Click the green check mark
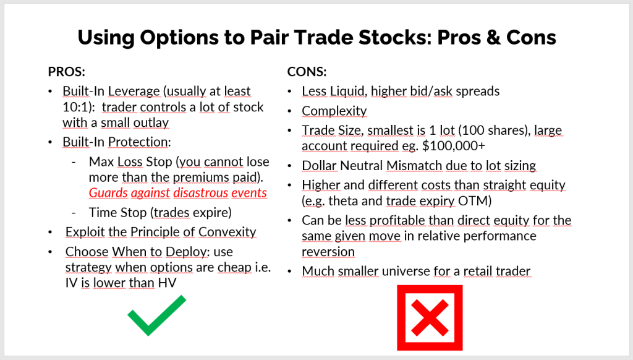coord(156,315)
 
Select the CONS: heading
coord(307,71)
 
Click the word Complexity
coord(334,111)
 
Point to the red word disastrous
coord(203,192)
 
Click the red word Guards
coord(108,192)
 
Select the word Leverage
coord(133,92)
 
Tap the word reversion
coord(328,252)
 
